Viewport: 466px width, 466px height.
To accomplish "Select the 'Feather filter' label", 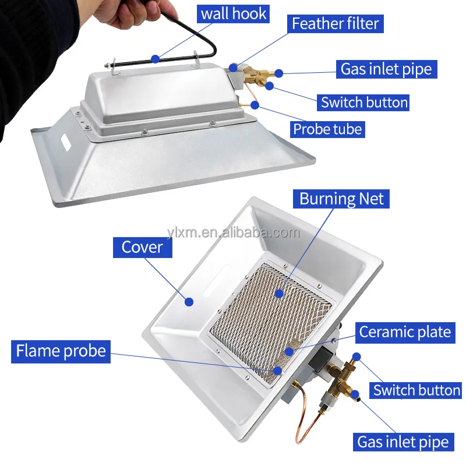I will (336, 24).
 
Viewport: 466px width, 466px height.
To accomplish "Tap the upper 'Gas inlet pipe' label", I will (386, 69).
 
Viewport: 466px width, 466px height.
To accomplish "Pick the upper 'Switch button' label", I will (365, 103).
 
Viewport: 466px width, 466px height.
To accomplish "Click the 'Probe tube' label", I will (328, 129).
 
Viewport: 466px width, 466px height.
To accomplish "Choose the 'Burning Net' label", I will (342, 199).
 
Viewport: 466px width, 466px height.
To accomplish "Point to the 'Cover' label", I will (142, 247).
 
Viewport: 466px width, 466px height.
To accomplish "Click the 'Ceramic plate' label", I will (405, 332).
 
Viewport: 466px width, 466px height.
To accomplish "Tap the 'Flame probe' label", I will (61, 351).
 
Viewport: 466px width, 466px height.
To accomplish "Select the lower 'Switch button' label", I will (417, 390).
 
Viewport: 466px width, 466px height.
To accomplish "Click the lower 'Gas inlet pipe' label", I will (403, 442).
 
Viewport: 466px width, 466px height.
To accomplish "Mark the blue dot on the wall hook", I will (155, 58).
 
